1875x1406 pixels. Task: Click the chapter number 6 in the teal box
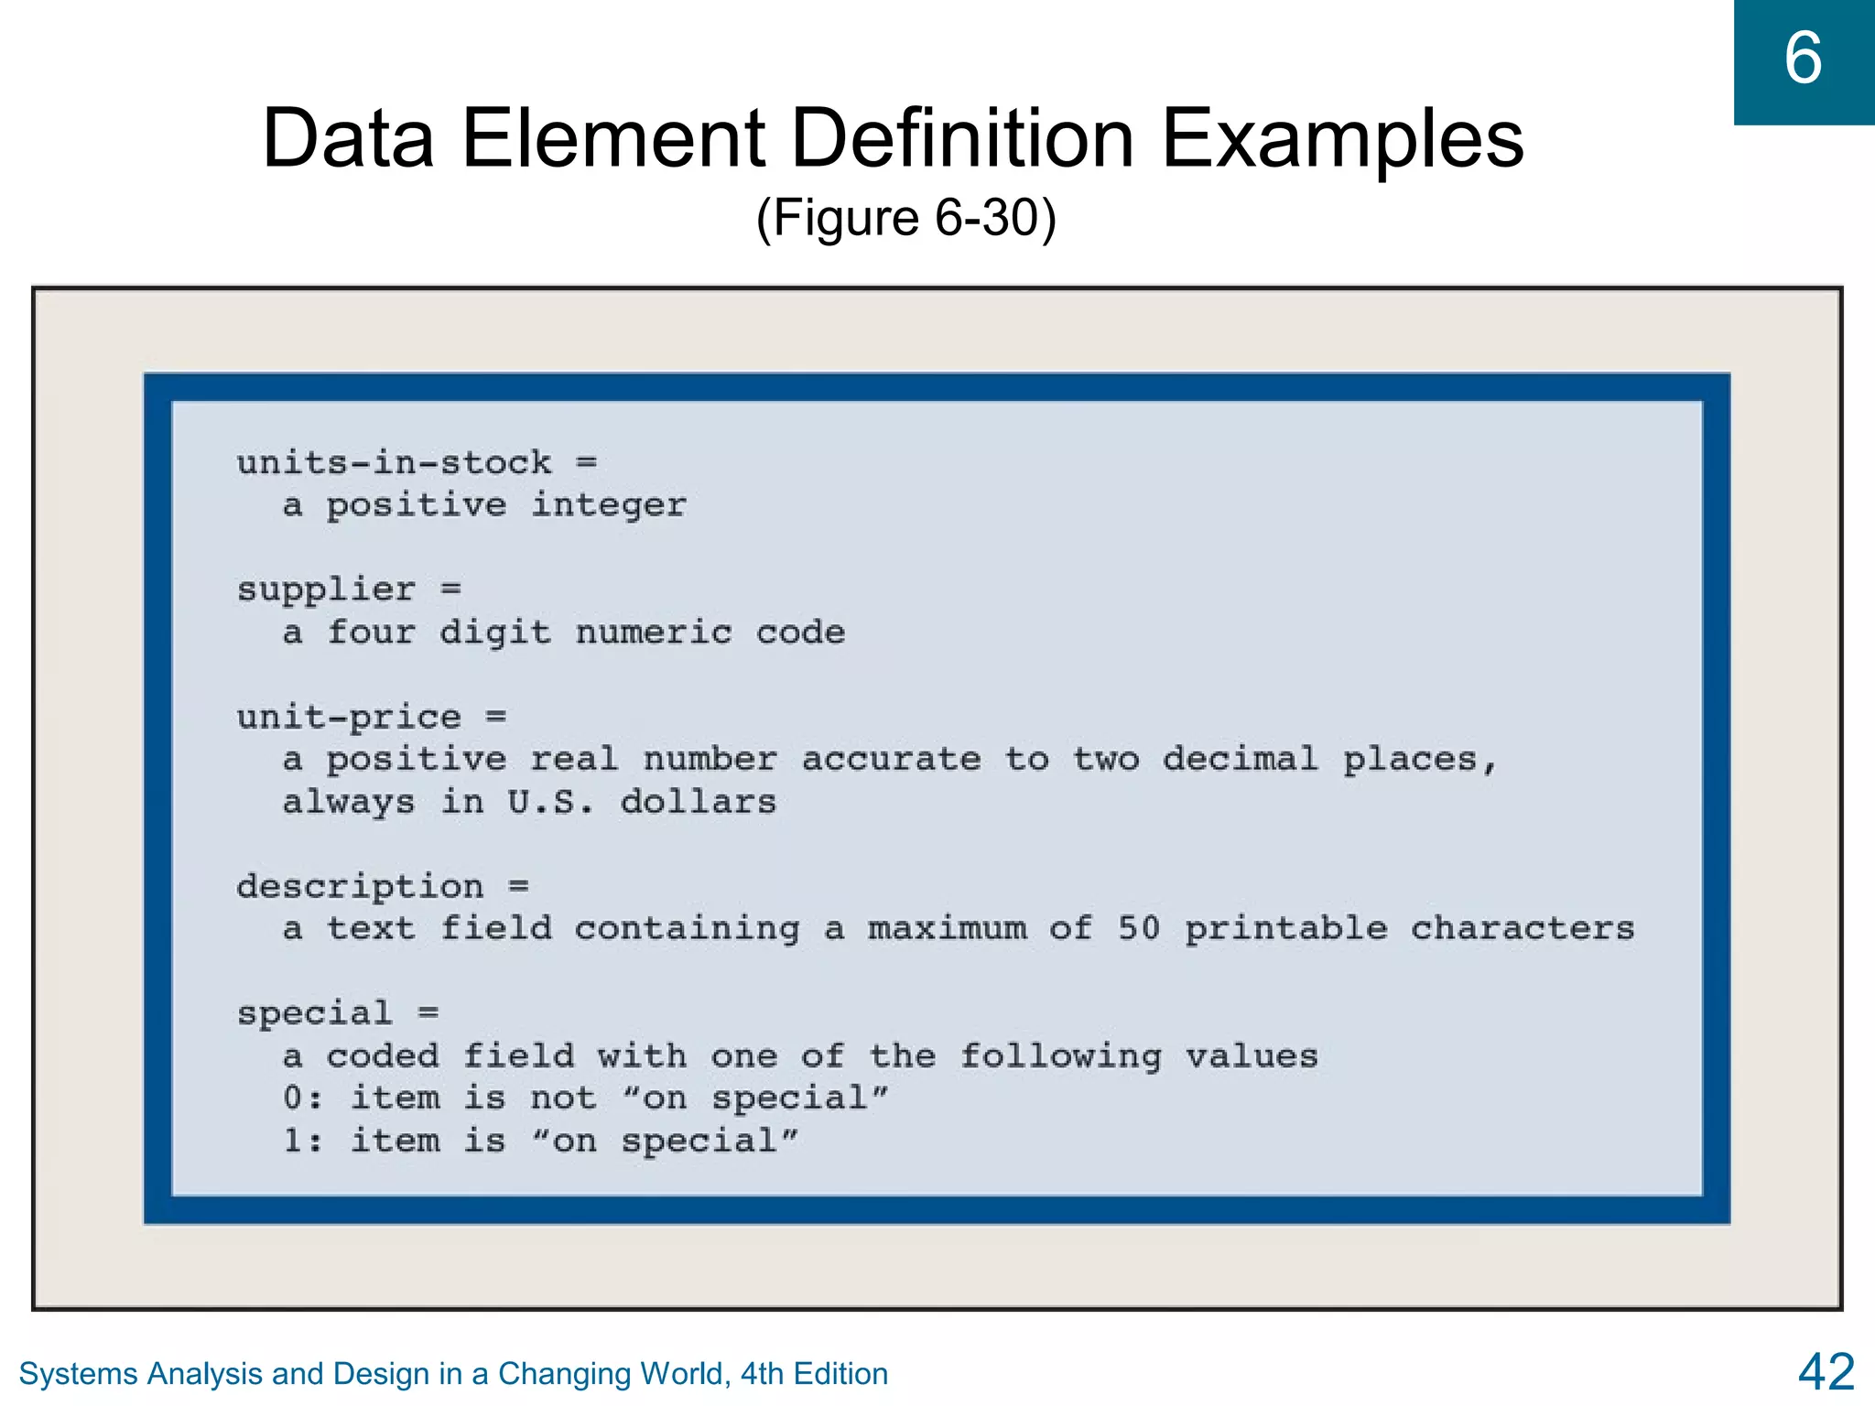(x=1803, y=59)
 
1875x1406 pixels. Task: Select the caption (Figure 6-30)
(x=906, y=218)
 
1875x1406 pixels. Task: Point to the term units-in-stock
(x=395, y=463)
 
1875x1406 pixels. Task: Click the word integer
(x=609, y=505)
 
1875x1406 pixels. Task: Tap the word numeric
(x=654, y=633)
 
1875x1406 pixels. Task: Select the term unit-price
(x=349, y=718)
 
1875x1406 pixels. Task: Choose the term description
(x=360, y=887)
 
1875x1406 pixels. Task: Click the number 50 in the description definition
(x=1139, y=929)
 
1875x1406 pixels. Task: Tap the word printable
(x=1286, y=929)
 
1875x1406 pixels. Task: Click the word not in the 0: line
(x=563, y=1098)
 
